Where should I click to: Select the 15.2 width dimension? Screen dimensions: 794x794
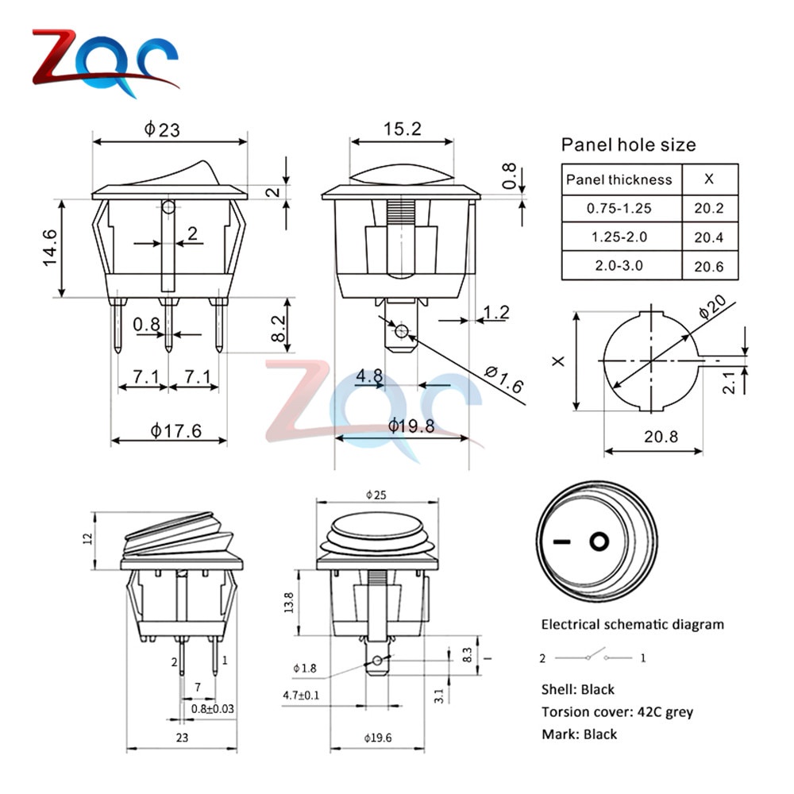click(x=403, y=129)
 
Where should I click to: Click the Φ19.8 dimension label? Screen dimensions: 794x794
click(x=410, y=426)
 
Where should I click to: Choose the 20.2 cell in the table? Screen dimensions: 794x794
click(x=709, y=209)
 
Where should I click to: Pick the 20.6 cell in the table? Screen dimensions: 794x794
click(x=709, y=266)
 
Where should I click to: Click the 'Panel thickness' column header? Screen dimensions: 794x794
click(x=619, y=179)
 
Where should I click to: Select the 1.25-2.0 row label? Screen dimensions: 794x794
click(x=619, y=237)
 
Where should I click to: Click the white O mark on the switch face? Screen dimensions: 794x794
click(x=598, y=542)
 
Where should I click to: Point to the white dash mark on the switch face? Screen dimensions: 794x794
click(x=562, y=543)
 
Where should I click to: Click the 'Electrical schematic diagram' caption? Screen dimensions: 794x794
click(x=632, y=624)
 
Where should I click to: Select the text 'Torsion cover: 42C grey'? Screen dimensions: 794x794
click(x=617, y=711)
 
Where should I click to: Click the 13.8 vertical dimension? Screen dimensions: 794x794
click(x=290, y=603)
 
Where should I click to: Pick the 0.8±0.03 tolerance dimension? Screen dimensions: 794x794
click(x=212, y=708)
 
